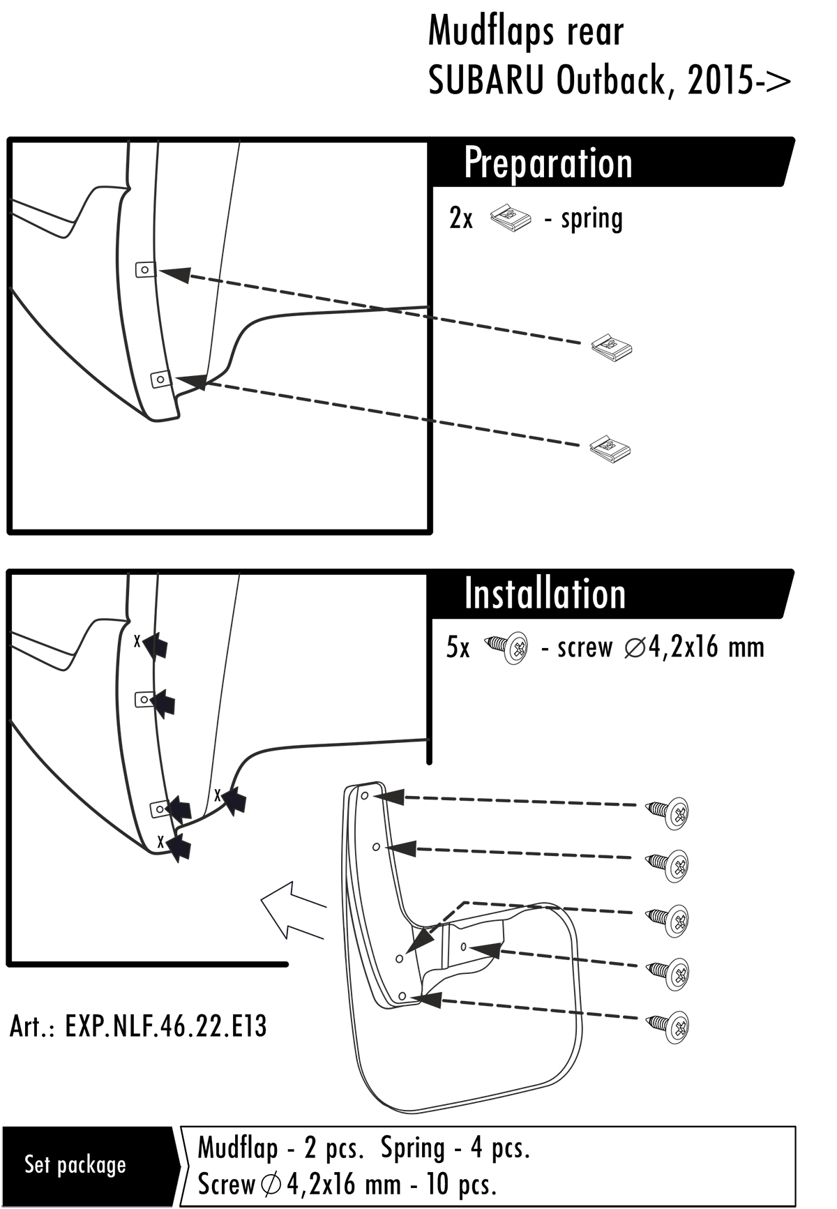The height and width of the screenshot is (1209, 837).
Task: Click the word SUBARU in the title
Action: pyautogui.click(x=486, y=82)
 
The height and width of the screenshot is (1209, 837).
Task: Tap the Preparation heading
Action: pyautogui.click(x=548, y=163)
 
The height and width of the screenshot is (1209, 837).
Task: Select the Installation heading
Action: pyautogui.click(x=545, y=594)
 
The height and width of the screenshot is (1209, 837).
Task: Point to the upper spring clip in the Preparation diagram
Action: pyautogui.click(x=612, y=347)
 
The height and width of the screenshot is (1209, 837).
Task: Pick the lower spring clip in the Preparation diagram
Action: pyautogui.click(x=610, y=447)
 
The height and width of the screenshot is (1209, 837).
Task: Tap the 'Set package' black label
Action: pyautogui.click(x=75, y=1164)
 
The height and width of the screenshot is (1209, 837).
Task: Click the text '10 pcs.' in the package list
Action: pyautogui.click(x=460, y=1184)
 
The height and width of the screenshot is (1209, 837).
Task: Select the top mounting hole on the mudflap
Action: pyautogui.click(x=364, y=795)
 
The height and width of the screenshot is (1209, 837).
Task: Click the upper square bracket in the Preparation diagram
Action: pyautogui.click(x=145, y=269)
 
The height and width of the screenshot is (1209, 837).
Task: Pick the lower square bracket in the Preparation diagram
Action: pyautogui.click(x=160, y=380)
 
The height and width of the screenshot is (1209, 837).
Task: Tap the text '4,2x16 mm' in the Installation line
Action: pyautogui.click(x=706, y=647)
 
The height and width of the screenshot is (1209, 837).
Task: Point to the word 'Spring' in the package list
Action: pyautogui.click(x=413, y=1148)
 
